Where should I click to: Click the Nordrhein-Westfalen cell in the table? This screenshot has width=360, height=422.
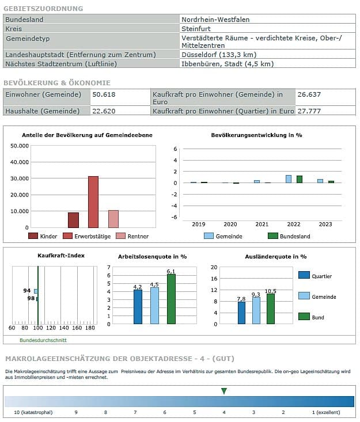click(x=215, y=20)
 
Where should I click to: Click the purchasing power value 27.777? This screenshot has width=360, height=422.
click(x=309, y=111)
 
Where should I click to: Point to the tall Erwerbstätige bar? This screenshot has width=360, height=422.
click(x=93, y=202)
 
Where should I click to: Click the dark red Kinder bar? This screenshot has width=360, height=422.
click(x=73, y=220)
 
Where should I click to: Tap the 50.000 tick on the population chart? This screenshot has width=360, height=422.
click(x=20, y=146)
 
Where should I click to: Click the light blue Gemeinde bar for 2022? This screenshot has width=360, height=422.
click(x=289, y=179)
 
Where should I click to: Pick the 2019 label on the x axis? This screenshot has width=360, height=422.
click(x=199, y=224)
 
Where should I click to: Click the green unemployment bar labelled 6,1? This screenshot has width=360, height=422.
click(x=170, y=299)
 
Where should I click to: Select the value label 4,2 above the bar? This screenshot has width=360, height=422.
click(x=137, y=286)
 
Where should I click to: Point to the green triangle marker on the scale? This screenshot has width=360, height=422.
click(x=224, y=391)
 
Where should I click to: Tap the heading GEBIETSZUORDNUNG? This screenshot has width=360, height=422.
click(x=43, y=9)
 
